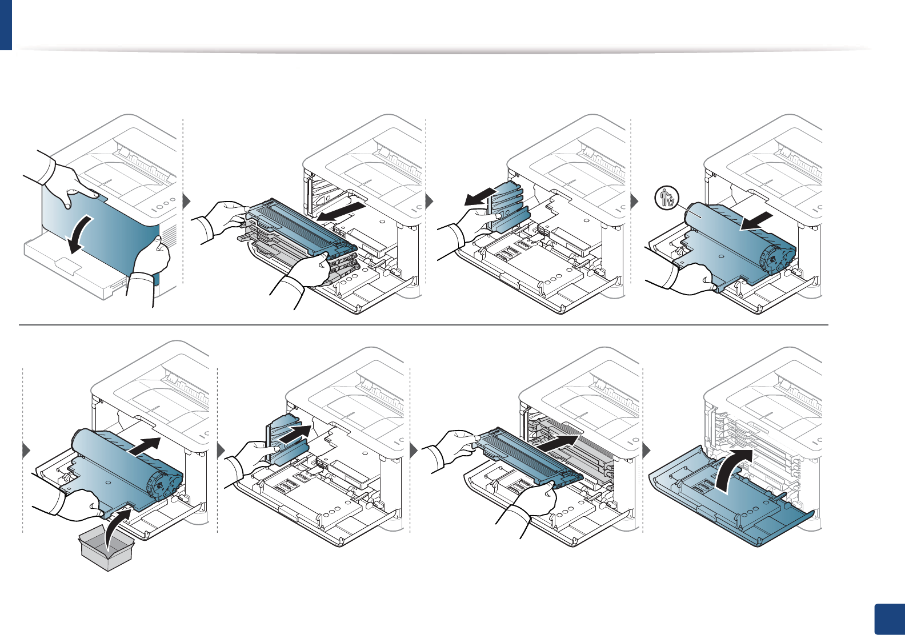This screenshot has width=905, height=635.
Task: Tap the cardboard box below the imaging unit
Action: [x=107, y=549]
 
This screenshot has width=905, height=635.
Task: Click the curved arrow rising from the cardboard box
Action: [x=118, y=524]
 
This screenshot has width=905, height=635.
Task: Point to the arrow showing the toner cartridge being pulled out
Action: [x=341, y=212]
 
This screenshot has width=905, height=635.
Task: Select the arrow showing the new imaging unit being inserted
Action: [x=143, y=447]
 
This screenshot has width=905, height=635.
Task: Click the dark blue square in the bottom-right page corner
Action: [x=889, y=620]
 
